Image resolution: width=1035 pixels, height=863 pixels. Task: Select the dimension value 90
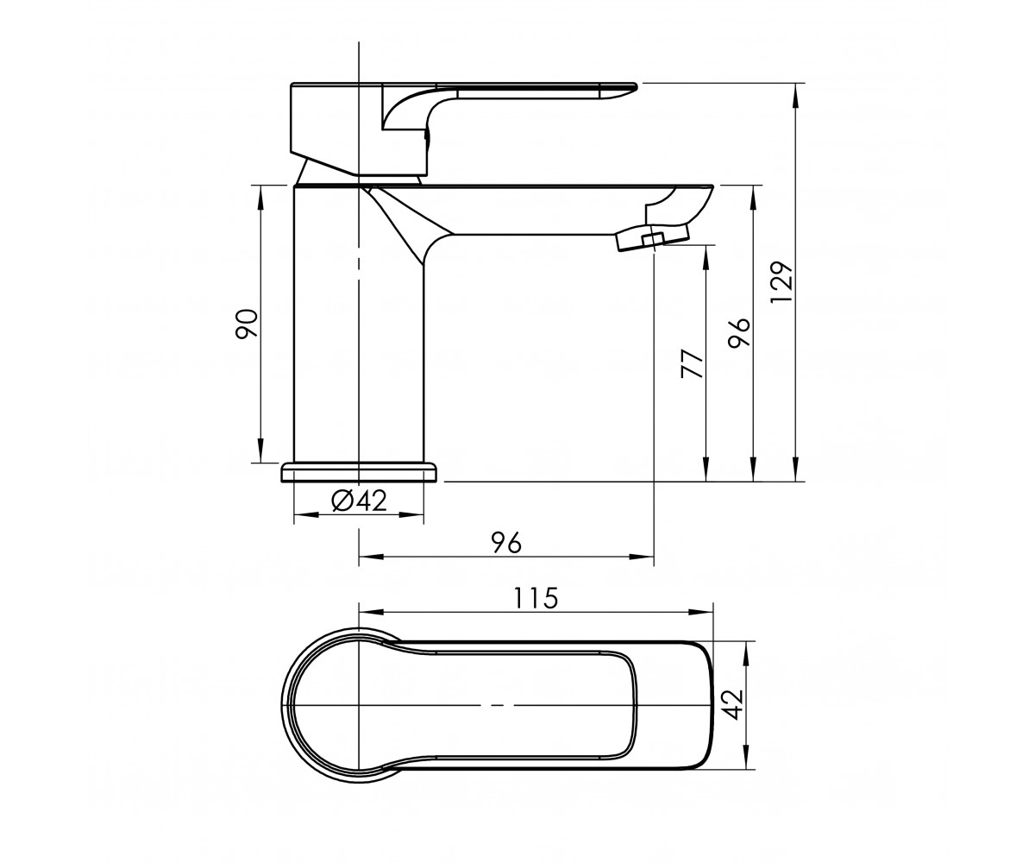247,324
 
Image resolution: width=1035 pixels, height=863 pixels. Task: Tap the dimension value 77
693,364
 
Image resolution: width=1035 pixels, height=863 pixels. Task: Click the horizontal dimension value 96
506,543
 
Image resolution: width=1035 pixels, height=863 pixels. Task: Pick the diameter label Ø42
359,501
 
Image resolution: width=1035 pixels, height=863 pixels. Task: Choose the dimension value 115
536,598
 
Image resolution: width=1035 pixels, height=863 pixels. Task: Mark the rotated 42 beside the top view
732,704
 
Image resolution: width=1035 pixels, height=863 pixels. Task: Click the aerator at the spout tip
652,237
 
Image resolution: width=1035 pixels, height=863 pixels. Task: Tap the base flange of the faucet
361,473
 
